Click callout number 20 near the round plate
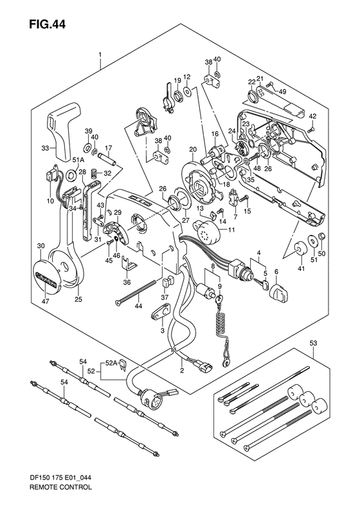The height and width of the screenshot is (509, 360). pos(192,149)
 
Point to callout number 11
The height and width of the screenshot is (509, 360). pos(232,230)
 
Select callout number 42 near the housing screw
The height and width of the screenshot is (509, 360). pos(313,116)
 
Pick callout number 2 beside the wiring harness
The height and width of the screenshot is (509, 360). pos(183,369)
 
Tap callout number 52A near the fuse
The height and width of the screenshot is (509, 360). pos(111,363)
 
